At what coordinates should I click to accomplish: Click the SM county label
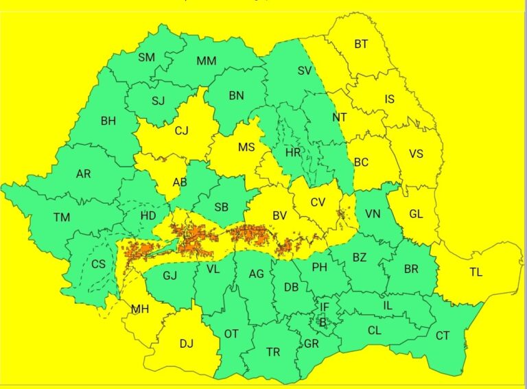click(x=146, y=58)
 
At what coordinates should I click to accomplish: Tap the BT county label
click(x=361, y=45)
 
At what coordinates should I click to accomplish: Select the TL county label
click(x=476, y=272)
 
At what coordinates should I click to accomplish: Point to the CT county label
click(x=443, y=335)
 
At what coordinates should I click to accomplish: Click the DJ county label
click(x=187, y=344)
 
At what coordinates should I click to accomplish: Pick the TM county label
click(x=62, y=217)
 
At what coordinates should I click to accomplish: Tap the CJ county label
click(x=181, y=130)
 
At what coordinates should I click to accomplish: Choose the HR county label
click(x=293, y=152)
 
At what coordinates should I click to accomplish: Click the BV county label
click(x=279, y=216)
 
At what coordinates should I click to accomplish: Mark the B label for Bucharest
click(x=322, y=322)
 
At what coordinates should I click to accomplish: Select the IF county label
click(x=325, y=307)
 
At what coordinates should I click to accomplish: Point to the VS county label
click(x=416, y=154)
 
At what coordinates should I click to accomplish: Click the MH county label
click(x=140, y=309)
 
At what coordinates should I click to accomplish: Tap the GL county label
click(x=416, y=213)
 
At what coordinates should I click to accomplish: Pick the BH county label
click(x=108, y=121)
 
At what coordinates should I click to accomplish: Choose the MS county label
click(x=246, y=148)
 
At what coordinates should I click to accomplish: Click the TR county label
click(x=273, y=352)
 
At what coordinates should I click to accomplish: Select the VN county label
click(x=373, y=213)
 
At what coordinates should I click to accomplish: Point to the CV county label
click(x=318, y=202)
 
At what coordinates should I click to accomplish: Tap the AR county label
click(x=83, y=174)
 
